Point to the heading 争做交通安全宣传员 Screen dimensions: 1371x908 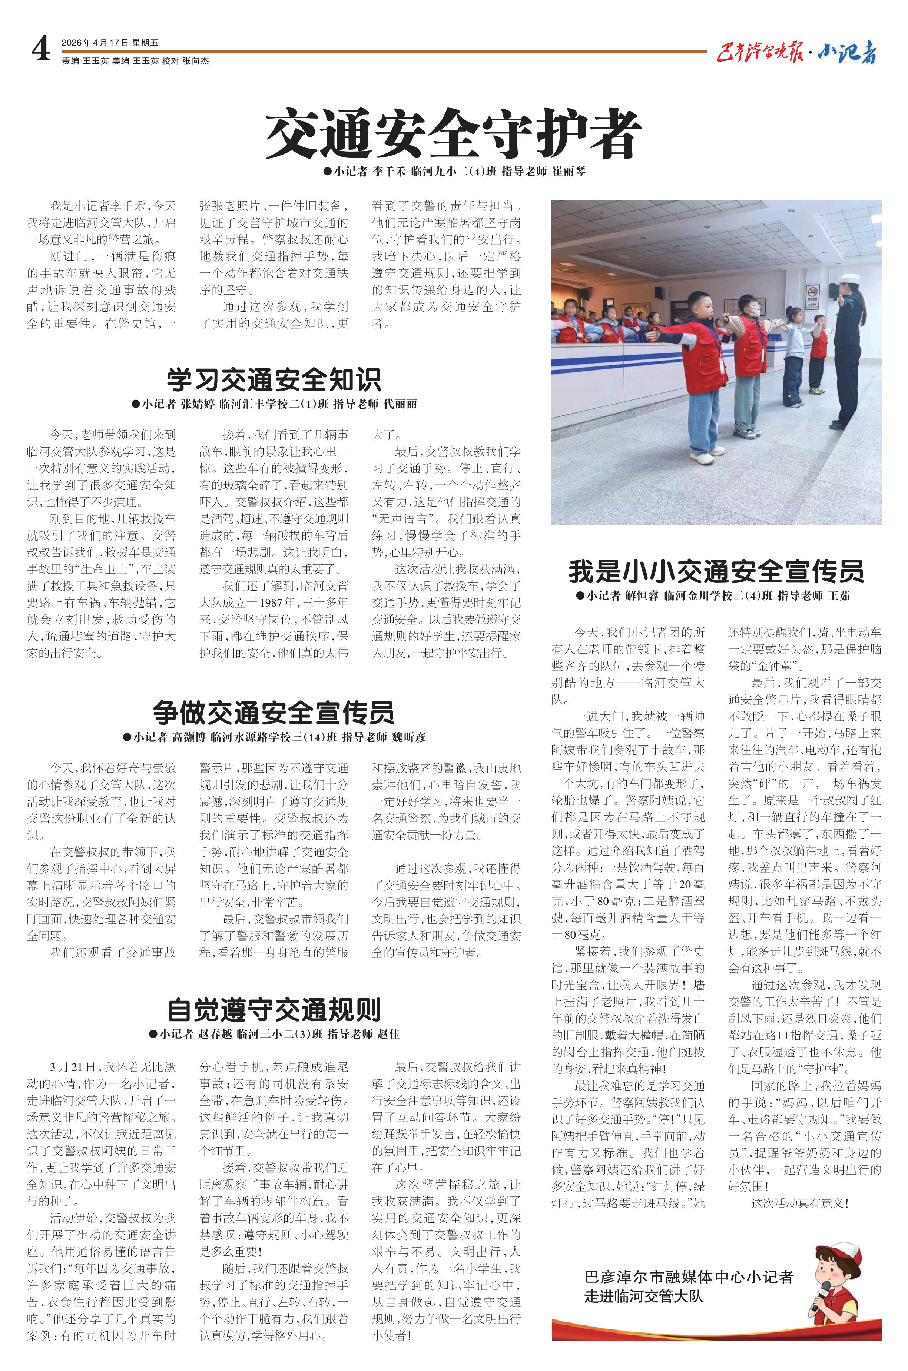click(x=274, y=713)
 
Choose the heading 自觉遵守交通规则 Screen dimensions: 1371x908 click(x=274, y=1009)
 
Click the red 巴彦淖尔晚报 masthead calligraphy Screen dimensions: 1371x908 click(x=760, y=53)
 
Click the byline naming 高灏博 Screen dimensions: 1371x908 click(x=274, y=737)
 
